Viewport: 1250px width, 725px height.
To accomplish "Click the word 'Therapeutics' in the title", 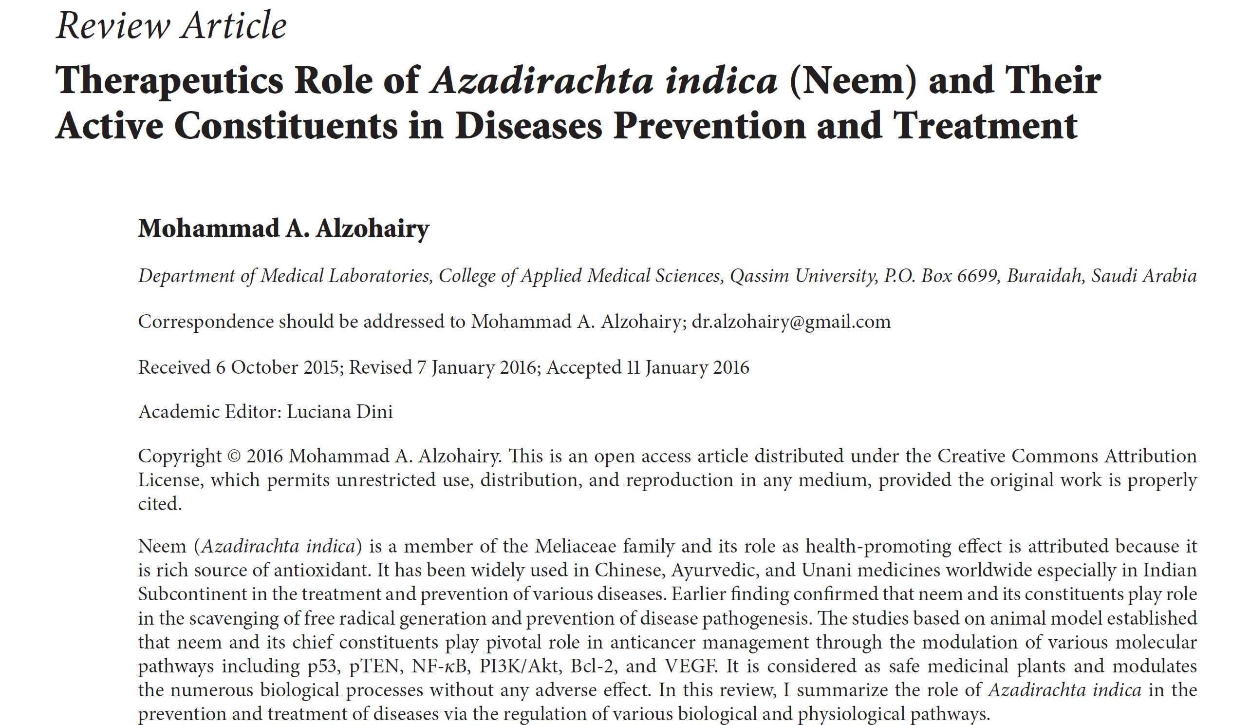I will coord(169,80).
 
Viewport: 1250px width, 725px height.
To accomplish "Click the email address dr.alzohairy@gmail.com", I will coord(791,322).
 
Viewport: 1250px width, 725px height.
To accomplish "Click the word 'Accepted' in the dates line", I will coord(583,368).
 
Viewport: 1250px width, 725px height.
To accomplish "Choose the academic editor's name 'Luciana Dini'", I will coord(340,412).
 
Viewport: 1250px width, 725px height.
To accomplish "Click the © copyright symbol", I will coord(234,457).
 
